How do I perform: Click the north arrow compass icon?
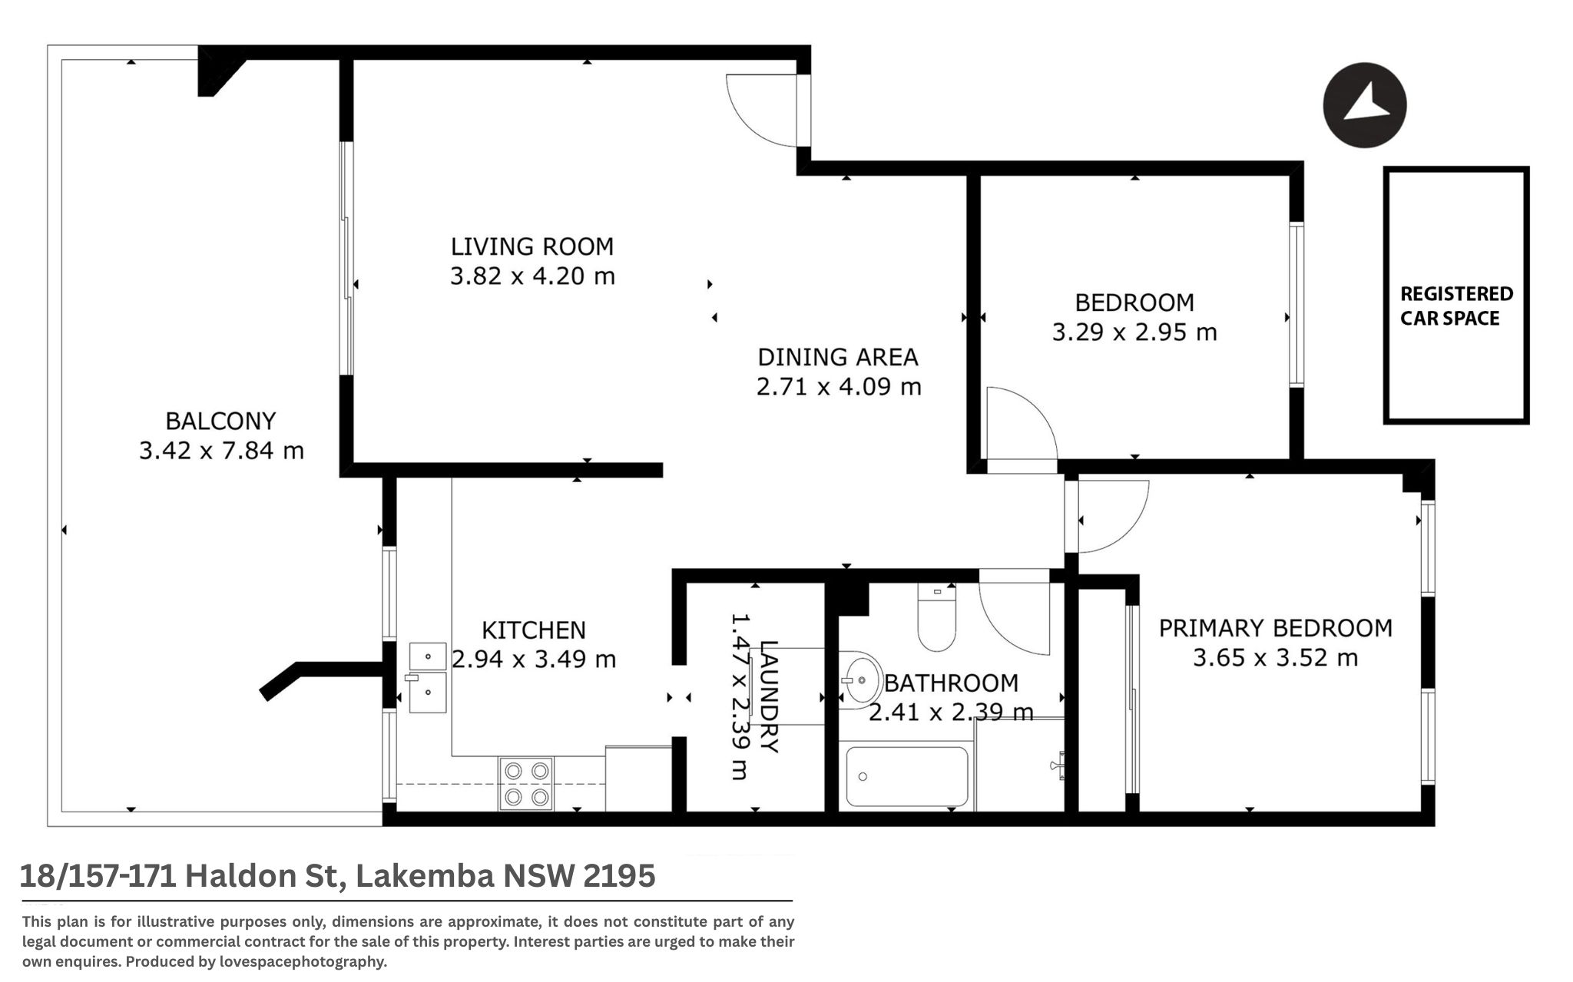[1364, 105]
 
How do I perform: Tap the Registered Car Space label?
[1456, 306]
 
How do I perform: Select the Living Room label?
[532, 246]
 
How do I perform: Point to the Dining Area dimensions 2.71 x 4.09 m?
[839, 386]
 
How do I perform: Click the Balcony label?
[220, 421]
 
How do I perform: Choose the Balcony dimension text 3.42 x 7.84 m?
[221, 450]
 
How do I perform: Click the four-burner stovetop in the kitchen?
[526, 783]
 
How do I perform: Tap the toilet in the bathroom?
[937, 618]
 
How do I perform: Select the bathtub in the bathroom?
[906, 776]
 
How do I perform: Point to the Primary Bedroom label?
[1275, 628]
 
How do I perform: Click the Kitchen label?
[534, 630]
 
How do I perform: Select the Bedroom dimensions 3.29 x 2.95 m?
[1134, 332]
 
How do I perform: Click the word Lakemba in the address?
[424, 876]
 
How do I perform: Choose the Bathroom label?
[951, 683]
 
